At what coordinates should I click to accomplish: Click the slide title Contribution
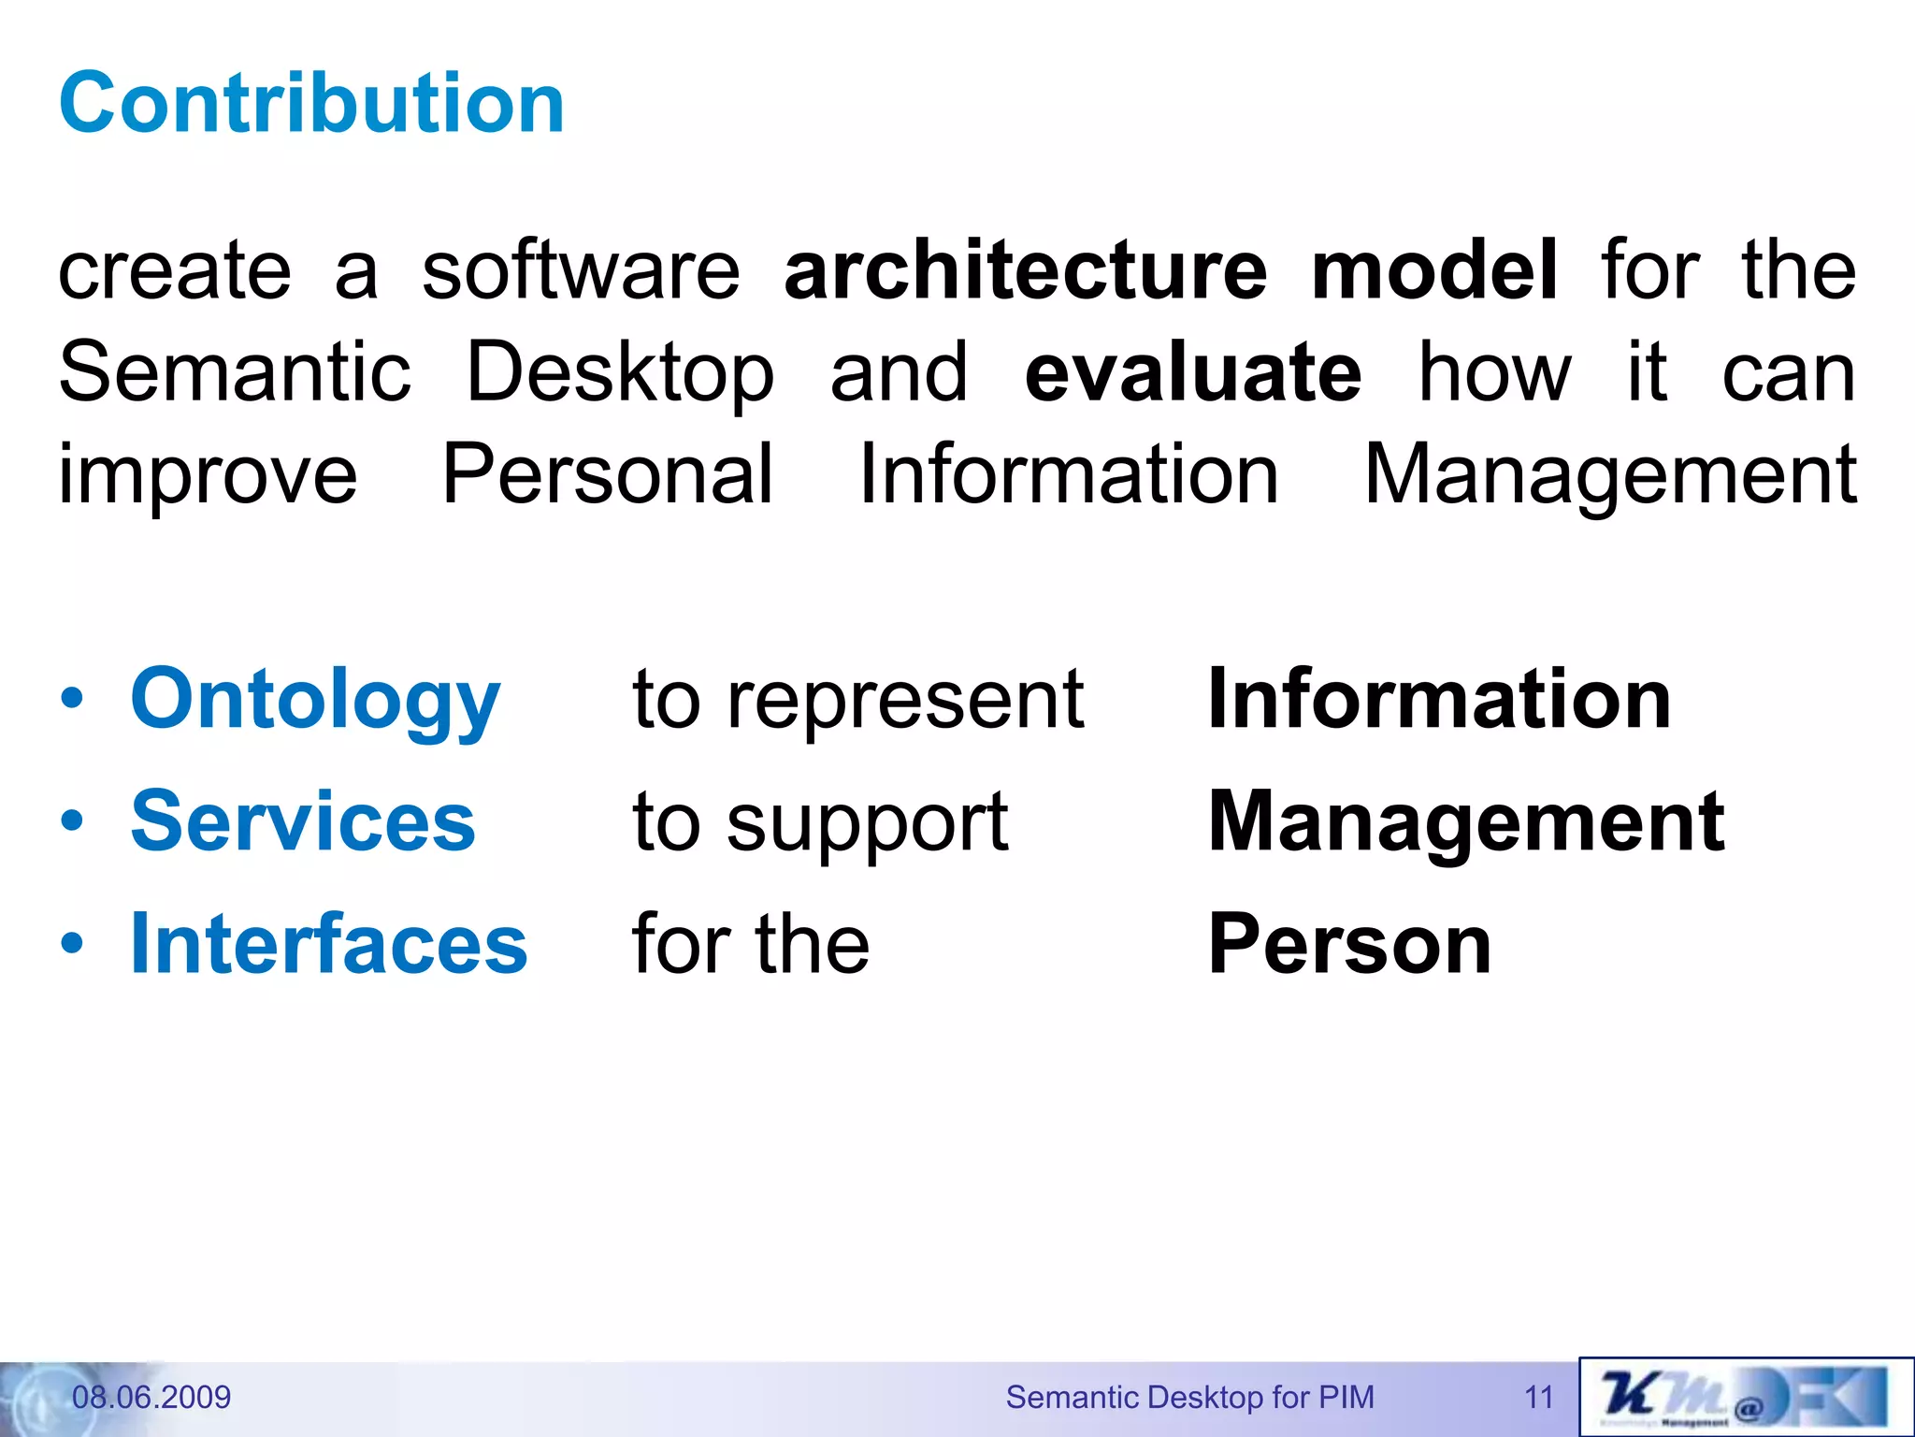coord(311,103)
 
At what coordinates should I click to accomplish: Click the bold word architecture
coord(1025,270)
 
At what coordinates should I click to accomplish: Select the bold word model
coord(1434,270)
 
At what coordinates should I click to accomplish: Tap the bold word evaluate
coord(1193,373)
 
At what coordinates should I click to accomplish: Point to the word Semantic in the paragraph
coord(235,373)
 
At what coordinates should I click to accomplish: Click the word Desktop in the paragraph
coord(620,373)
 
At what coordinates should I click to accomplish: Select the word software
coord(581,270)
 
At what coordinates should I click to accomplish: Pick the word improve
coord(208,476)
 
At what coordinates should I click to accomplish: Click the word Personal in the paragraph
coord(607,474)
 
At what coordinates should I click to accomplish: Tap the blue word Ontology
coord(315,700)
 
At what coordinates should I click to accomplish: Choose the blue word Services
coord(303,821)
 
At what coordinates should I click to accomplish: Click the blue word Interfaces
coord(328,944)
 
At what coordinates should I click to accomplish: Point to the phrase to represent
coord(857,700)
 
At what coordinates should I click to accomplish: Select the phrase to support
coord(820,823)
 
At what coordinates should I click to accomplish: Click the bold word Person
coord(1349,944)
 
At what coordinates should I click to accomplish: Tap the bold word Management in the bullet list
coord(1466,821)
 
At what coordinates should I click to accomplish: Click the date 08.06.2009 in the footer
coord(151,1397)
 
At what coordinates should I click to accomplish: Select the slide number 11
coord(1538,1397)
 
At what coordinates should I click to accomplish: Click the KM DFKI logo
coord(1745,1397)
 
